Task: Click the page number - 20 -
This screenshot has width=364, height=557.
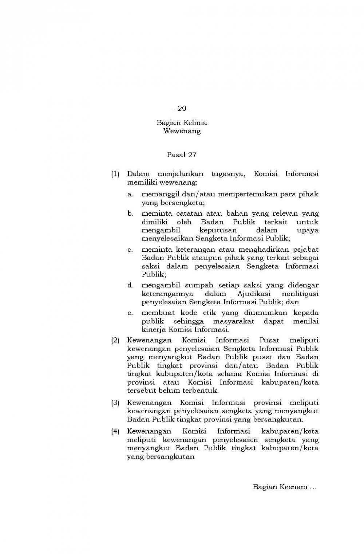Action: (x=182, y=108)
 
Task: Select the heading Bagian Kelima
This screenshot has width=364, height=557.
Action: (x=182, y=123)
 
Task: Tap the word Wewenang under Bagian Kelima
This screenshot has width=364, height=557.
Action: (x=182, y=131)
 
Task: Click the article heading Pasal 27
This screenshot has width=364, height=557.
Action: (x=182, y=154)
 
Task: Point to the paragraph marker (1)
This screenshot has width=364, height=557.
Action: (x=115, y=174)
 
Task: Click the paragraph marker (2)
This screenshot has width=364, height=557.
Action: (x=115, y=341)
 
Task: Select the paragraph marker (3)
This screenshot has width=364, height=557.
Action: (x=115, y=403)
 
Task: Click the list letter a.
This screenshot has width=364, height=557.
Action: (x=130, y=195)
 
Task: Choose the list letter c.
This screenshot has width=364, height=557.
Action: (x=130, y=250)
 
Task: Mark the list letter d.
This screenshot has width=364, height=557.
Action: (x=130, y=286)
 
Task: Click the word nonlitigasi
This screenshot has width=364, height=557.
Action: (x=300, y=294)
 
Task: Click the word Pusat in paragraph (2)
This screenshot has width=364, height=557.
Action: (x=269, y=341)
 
